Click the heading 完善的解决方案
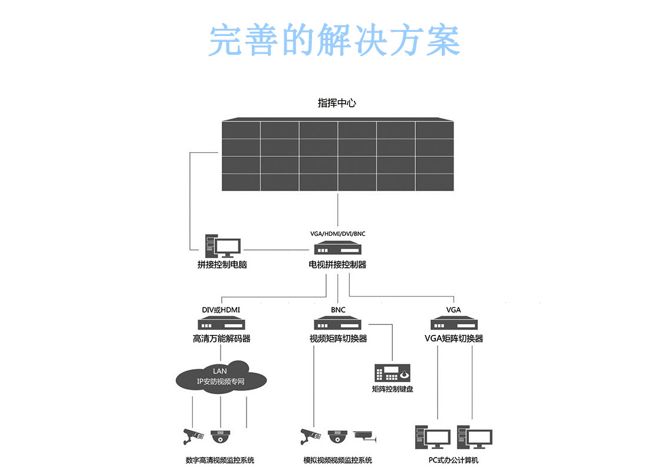coord(334,40)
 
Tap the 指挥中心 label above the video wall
coord(337,103)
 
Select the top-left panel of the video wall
coord(241,130)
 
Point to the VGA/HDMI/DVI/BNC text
coord(337,234)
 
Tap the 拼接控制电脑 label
coord(222,265)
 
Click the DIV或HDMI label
coord(221,310)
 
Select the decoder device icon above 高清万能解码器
coord(221,324)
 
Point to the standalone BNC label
coord(338,310)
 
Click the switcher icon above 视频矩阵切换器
coord(338,324)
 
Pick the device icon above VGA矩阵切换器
coord(454,324)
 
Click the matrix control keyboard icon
coord(392,373)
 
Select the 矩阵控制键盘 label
coord(392,389)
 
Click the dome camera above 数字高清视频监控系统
coord(221,437)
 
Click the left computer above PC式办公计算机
coord(432,437)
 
